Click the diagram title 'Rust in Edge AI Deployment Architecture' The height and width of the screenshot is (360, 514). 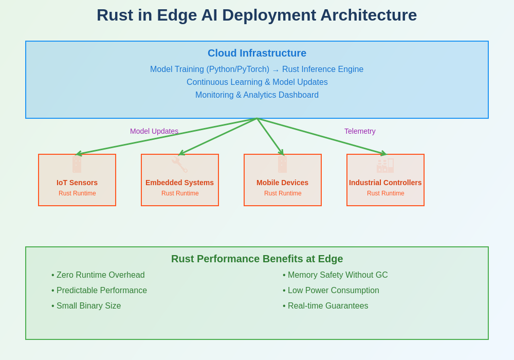pyautogui.click(x=256, y=15)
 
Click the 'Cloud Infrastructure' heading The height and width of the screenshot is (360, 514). pyautogui.click(x=257, y=53)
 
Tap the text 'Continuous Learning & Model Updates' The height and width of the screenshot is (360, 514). pyautogui.click(x=257, y=82)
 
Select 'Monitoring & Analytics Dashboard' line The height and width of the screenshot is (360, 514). pyautogui.click(x=257, y=95)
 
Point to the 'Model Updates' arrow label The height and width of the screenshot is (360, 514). pyautogui.click(x=154, y=131)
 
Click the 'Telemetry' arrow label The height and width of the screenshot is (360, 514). pyautogui.click(x=360, y=131)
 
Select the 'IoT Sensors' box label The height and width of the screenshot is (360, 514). pyautogui.click(x=77, y=183)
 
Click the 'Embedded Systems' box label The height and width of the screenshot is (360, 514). pyautogui.click(x=179, y=183)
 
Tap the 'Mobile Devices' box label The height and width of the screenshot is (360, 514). pyautogui.click(x=282, y=183)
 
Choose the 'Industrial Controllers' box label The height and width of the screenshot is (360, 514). pyautogui.click(x=385, y=183)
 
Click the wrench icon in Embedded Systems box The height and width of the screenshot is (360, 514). pyautogui.click(x=179, y=165)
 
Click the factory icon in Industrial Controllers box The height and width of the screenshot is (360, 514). pyautogui.click(x=385, y=165)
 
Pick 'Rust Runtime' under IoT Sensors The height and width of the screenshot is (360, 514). pyautogui.click(x=77, y=193)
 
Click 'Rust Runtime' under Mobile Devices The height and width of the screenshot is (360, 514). pyautogui.click(x=283, y=193)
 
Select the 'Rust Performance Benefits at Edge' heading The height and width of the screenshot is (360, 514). pyautogui.click(x=257, y=259)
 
